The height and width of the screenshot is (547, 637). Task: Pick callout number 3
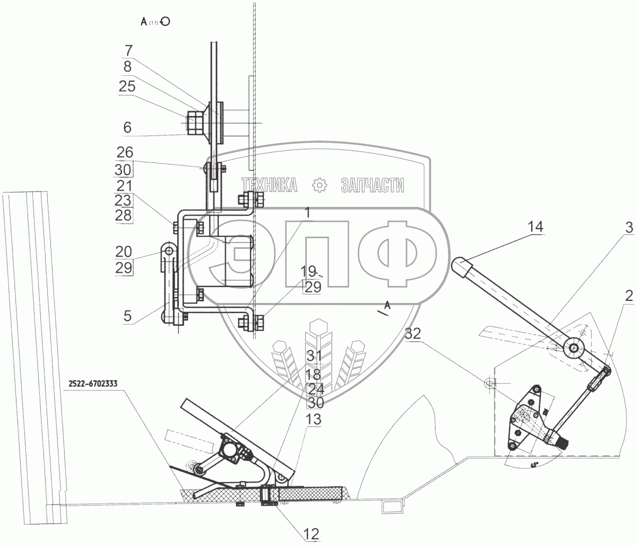pos(629,228)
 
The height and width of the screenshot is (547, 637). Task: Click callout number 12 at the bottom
pos(312,532)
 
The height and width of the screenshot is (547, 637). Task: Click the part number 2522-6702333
pos(94,383)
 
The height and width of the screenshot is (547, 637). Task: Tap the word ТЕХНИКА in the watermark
pos(269,185)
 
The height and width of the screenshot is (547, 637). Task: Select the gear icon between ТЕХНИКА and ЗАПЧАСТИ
pos(320,185)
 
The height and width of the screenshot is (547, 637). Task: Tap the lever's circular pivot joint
pos(574,348)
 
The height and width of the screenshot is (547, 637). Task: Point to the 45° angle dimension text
pos(533,465)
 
